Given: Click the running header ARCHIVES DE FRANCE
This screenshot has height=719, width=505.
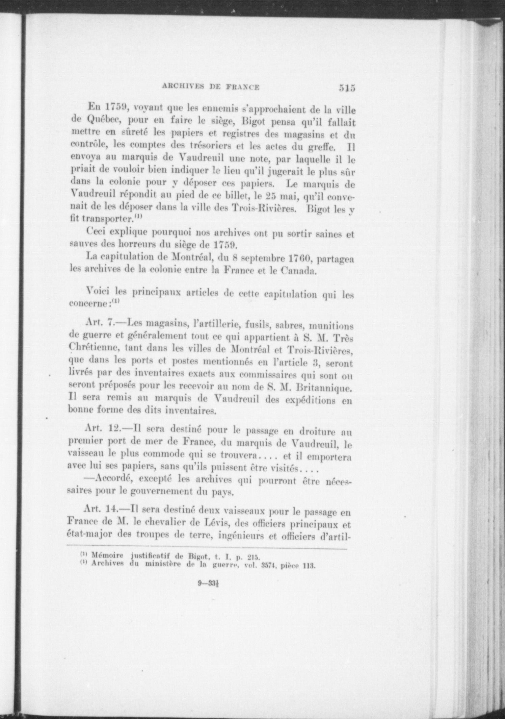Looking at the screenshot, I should pos(211,87).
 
